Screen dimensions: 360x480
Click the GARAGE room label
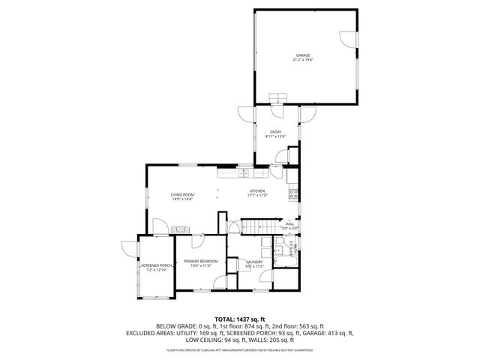point(302,55)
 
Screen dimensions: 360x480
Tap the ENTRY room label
point(276,132)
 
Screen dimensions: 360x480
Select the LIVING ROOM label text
point(182,195)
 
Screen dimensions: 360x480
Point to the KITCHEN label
point(257,190)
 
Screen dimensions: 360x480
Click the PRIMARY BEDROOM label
point(200,261)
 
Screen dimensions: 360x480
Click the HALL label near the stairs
point(289,223)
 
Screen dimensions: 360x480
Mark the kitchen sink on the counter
point(244,174)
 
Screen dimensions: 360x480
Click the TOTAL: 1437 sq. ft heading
point(239,319)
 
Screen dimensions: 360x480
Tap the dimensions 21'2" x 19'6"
point(302,60)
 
